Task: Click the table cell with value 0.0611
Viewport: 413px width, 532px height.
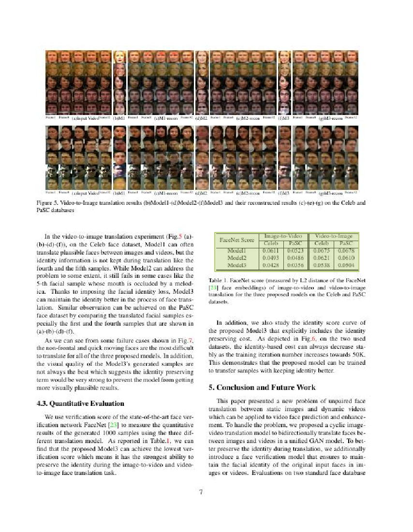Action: tap(269, 251)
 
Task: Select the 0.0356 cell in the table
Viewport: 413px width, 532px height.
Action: tap(295, 265)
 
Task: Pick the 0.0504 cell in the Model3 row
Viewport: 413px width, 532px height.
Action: tap(346, 265)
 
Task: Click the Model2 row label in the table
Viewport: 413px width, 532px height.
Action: tap(237, 259)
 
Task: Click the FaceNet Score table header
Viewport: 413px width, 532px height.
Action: tap(237, 239)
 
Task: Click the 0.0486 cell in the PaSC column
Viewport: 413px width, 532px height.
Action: tap(295, 259)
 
